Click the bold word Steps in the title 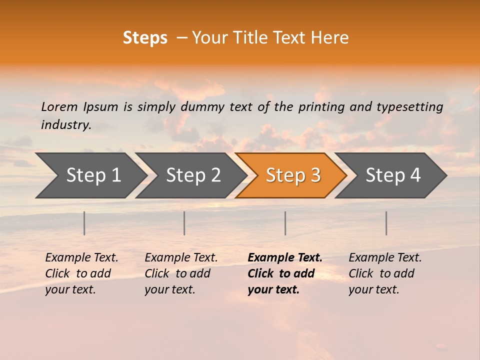pos(145,38)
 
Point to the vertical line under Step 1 pos(84,223)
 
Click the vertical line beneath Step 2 pos(184,223)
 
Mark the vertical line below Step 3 pos(285,223)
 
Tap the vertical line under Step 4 pos(386,223)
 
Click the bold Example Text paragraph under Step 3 pos(285,273)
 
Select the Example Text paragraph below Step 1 pos(81,273)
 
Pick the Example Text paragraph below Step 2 pos(181,273)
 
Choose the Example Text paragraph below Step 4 pos(385,273)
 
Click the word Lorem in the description pos(59,107)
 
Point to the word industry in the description pos(66,125)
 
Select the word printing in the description pos(321,107)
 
